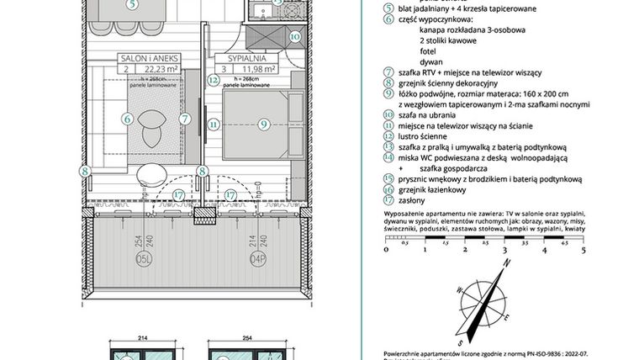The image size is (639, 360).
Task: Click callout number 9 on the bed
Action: click(263, 124)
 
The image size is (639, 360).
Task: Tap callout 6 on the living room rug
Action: click(128, 120)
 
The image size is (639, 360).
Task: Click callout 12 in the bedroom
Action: click(214, 81)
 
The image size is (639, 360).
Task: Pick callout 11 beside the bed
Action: click(214, 124)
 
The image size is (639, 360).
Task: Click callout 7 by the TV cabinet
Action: click(184, 119)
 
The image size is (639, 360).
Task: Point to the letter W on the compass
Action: click(460, 290)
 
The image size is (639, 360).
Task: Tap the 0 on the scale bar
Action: click(385, 250)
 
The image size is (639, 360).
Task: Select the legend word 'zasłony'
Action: click(414, 201)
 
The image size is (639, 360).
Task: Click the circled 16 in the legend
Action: click(388, 190)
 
